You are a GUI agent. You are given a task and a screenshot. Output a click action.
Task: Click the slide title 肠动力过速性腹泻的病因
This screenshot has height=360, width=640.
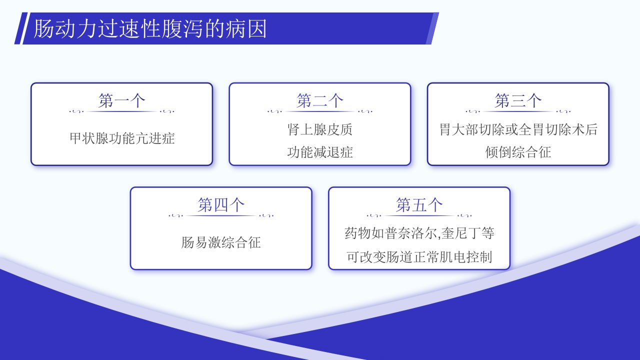tap(150, 29)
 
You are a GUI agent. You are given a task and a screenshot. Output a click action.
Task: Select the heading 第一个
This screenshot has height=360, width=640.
tap(121, 101)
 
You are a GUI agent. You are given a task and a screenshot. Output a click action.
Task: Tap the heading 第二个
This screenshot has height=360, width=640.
tap(320, 101)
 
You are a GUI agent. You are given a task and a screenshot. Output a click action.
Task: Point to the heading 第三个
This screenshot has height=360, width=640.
tap(518, 101)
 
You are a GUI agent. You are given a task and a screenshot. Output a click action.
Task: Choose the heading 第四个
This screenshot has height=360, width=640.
tap(221, 205)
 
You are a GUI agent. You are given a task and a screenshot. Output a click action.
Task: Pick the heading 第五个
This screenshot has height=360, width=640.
tap(419, 205)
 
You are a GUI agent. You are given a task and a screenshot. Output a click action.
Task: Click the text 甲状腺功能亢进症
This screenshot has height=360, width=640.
tap(122, 138)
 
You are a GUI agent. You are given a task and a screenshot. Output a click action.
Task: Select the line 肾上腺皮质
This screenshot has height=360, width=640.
tap(320, 129)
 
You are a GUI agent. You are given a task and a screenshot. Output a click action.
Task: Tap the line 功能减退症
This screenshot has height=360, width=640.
tap(320, 152)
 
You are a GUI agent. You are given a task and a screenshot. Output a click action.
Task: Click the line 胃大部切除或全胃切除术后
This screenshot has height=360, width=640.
tap(518, 129)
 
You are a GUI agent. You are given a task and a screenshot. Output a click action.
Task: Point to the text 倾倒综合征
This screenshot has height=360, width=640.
tap(518, 152)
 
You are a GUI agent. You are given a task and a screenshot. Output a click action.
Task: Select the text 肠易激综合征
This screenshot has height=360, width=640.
tap(221, 243)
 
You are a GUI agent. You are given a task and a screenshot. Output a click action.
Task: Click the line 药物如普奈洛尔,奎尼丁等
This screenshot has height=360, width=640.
tap(419, 233)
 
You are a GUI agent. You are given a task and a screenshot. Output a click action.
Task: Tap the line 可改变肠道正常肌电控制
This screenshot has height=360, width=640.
tap(419, 257)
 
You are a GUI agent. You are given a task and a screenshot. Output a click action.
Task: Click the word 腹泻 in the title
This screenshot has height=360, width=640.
tap(187, 29)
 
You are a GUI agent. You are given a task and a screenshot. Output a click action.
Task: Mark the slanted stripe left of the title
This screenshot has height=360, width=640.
tap(19, 28)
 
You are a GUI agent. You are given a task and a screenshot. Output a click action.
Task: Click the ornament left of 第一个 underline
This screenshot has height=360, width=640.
tap(76, 111)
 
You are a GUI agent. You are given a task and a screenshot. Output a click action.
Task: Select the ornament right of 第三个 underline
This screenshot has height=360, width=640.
tap(563, 111)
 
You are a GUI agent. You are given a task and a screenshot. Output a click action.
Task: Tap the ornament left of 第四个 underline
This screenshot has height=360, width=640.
tap(176, 215)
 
